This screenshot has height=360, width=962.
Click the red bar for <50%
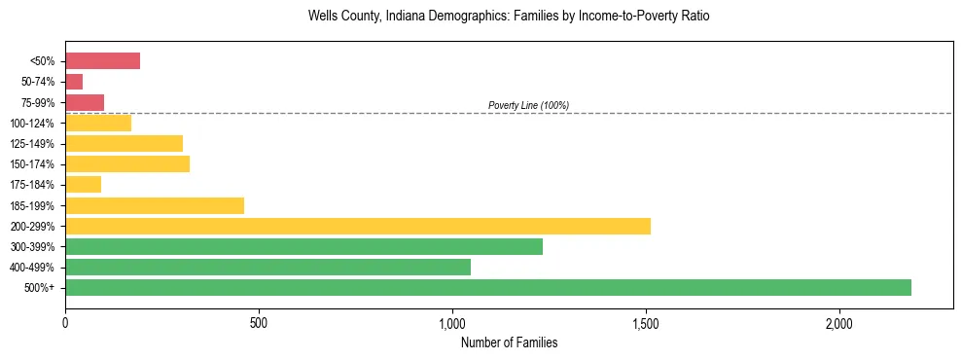pos(102,61)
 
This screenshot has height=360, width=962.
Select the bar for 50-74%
pos(74,82)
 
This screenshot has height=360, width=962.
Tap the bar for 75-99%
pos(85,102)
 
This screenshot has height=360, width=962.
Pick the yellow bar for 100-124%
pos(98,123)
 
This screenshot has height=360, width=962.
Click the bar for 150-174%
pos(127,164)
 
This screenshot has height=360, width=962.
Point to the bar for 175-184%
pos(84,185)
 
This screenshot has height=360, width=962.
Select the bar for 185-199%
pos(155,205)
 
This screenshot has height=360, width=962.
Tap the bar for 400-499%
pos(267,268)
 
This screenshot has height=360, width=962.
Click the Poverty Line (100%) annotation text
pos(528,105)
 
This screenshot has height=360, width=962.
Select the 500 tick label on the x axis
pos(259,323)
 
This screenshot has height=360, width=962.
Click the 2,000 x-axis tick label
pos(839,323)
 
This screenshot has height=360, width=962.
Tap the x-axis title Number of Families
pos(509,342)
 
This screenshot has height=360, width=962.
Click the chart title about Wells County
pos(509,17)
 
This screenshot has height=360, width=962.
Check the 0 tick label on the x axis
pos(65,323)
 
